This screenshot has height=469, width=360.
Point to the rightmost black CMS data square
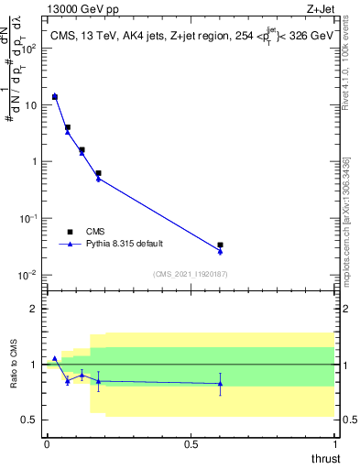pos(220,245)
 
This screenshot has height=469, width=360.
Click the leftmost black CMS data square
pos(55,97)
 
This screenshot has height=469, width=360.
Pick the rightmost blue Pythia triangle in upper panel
pos(220,251)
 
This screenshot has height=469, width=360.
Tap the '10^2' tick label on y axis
pos(30,48)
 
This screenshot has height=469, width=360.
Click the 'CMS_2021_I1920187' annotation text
pos(191,273)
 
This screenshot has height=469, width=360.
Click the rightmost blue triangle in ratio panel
pos(220,384)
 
